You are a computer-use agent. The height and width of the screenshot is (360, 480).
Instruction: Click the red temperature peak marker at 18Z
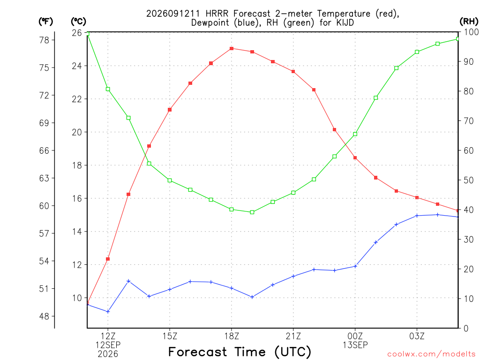tap(232, 48)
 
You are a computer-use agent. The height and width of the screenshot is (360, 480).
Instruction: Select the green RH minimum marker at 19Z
tap(252, 212)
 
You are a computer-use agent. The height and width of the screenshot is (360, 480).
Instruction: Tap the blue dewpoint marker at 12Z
tap(108, 312)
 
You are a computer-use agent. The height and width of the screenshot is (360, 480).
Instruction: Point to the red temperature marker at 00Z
tap(355, 158)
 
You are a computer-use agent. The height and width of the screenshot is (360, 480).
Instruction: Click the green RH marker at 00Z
tap(355, 134)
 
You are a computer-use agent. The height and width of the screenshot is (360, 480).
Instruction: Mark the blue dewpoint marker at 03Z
tap(417, 216)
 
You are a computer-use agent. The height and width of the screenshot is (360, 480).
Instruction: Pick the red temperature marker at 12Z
tap(108, 259)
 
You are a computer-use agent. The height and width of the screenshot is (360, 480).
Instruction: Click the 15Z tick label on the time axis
tap(170, 336)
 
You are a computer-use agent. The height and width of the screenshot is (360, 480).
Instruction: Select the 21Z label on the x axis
tap(293, 336)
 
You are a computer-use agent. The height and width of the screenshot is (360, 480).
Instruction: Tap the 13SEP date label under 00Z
tap(355, 345)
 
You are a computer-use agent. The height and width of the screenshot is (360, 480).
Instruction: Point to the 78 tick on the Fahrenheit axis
tap(44, 40)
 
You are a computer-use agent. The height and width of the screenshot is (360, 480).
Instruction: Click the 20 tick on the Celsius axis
tap(77, 132)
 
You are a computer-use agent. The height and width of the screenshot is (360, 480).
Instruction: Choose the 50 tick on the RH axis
tap(468, 180)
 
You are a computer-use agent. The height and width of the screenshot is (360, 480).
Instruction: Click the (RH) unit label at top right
tap(469, 22)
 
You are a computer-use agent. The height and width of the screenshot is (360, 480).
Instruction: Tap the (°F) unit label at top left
tap(45, 22)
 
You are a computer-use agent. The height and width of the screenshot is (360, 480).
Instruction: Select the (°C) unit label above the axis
tap(78, 22)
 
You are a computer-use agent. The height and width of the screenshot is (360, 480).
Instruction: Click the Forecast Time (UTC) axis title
tap(240, 352)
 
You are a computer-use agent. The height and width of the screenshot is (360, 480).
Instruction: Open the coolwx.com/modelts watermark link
tap(431, 354)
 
